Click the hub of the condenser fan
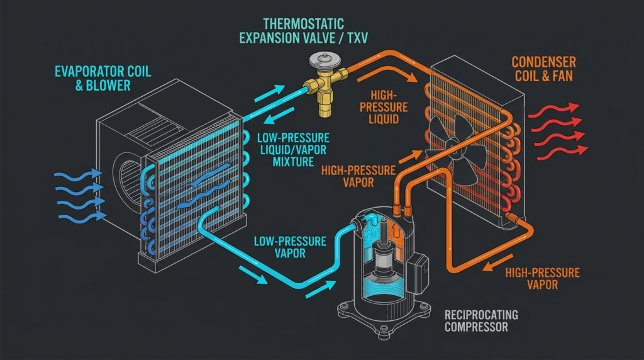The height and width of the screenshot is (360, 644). [454, 143]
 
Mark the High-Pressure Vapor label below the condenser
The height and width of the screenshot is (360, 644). [543, 278]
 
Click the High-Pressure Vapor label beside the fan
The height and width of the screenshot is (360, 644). [358, 176]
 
